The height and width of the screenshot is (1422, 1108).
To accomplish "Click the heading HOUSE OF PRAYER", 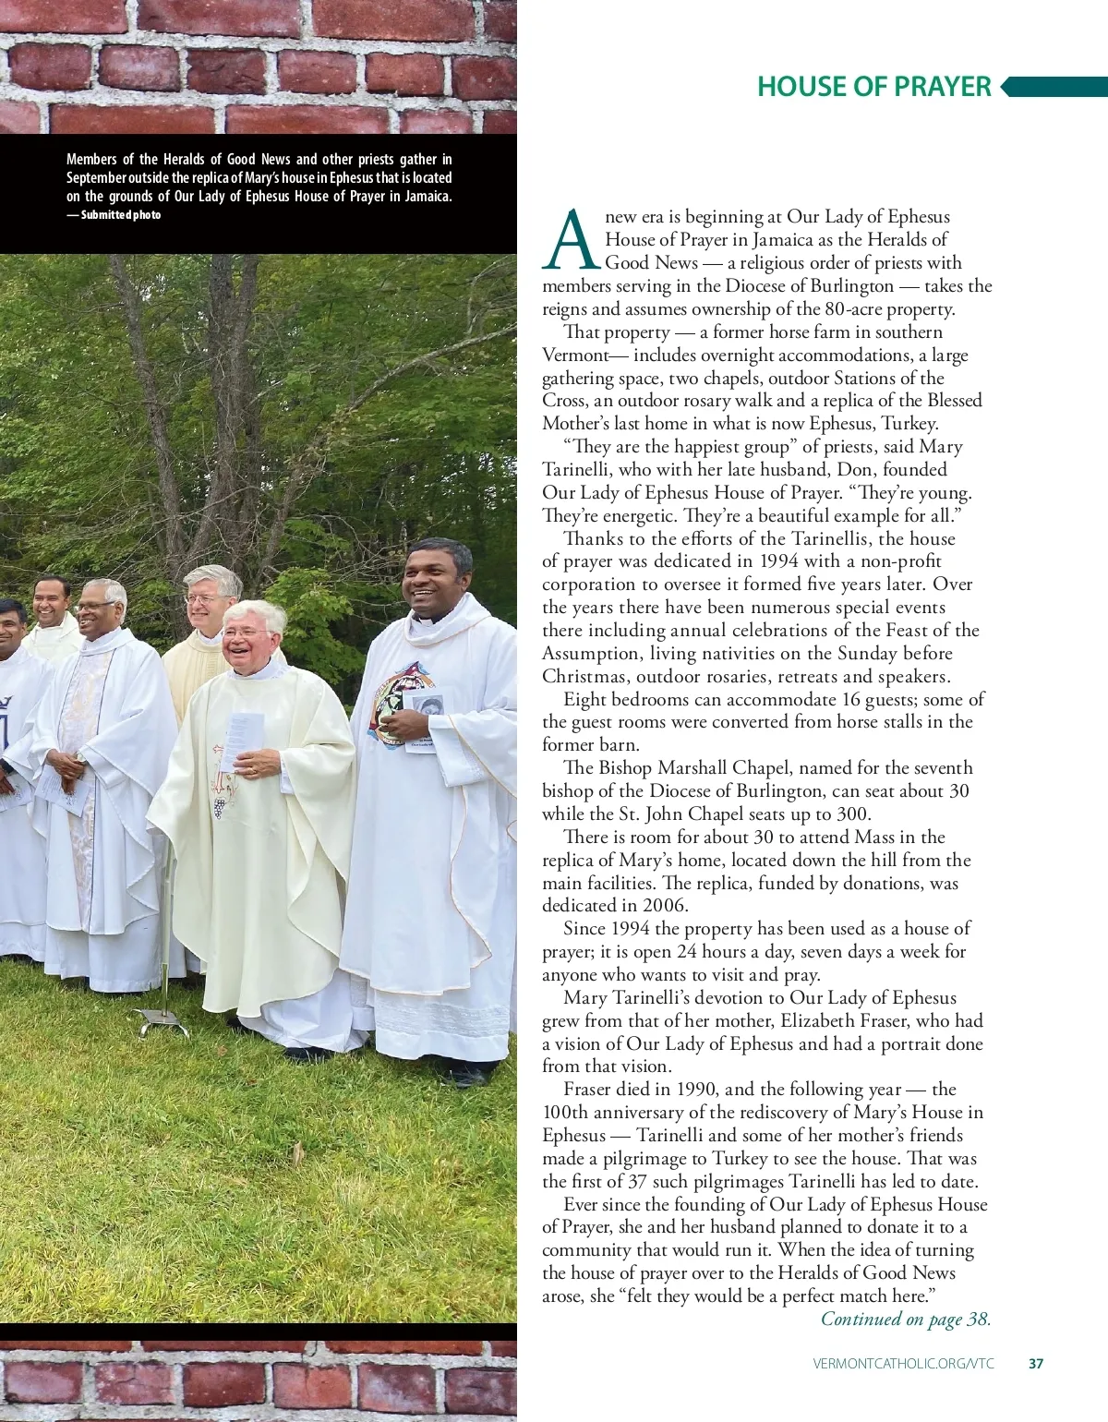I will pos(873,87).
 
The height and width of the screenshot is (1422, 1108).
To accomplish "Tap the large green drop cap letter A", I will pos(571,240).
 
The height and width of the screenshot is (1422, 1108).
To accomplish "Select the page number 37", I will pos(1036,1363).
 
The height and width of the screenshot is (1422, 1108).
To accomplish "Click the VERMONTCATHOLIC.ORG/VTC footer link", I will pos(903,1363).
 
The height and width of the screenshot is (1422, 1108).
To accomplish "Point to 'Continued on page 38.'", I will pos(906,1319).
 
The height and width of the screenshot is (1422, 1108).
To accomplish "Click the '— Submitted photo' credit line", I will pos(114,215).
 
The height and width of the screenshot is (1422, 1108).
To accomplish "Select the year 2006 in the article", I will pos(664,906).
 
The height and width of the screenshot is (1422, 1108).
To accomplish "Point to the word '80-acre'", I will pos(857,309).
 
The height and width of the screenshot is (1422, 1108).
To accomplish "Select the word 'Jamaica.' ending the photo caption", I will pos(428,197).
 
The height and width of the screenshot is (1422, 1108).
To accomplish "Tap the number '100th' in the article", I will pos(565,1113).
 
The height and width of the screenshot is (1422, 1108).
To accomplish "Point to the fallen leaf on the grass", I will pos(297,1151).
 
